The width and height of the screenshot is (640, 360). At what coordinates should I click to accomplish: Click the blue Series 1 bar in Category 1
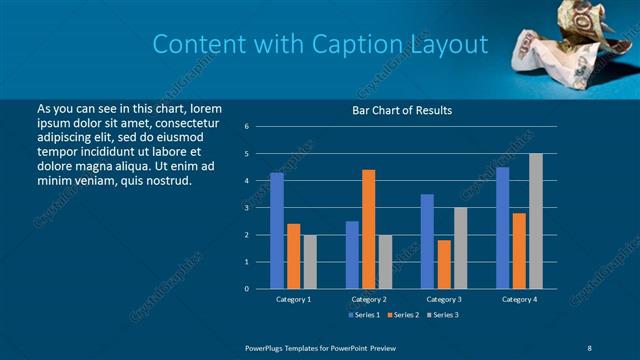click(277, 230)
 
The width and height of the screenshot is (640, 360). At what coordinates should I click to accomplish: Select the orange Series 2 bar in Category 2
click(368, 229)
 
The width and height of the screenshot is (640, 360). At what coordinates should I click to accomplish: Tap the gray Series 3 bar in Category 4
click(535, 221)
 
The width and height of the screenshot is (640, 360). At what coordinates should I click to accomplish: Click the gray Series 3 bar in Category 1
click(309, 261)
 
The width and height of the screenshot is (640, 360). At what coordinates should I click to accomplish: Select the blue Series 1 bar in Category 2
click(352, 254)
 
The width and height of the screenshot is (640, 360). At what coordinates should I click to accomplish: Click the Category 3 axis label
click(443, 299)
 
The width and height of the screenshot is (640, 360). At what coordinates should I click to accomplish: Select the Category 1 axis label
click(293, 299)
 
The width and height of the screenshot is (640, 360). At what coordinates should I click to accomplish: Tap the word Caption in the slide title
click(362, 44)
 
